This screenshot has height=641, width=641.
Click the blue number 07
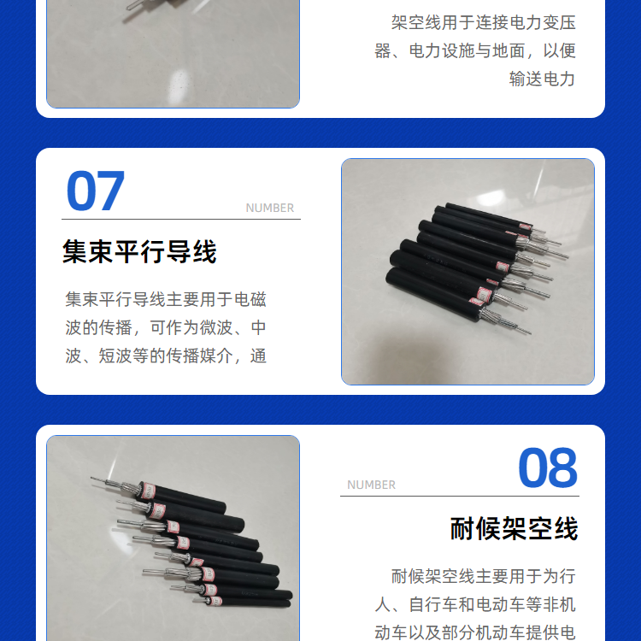(95, 191)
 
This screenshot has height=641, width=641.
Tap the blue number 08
(548, 468)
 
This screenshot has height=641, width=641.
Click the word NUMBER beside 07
(270, 208)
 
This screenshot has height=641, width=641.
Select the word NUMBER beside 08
(371, 485)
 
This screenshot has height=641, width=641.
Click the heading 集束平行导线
(139, 251)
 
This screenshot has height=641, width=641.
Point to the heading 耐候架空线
(514, 528)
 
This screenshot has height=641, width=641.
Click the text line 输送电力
(542, 79)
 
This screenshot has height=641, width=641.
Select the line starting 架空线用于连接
(484, 22)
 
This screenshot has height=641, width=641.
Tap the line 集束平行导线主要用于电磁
(166, 299)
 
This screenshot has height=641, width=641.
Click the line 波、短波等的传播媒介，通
(166, 356)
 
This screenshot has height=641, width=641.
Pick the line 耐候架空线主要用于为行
(484, 576)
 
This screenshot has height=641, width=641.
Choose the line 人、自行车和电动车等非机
(475, 604)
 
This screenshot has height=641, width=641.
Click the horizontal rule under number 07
(181, 219)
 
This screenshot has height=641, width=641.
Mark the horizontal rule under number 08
(460, 496)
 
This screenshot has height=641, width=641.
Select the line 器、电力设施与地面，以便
(475, 50)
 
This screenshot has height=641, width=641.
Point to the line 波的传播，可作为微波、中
(166, 327)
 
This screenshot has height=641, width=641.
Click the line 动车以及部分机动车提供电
(475, 632)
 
